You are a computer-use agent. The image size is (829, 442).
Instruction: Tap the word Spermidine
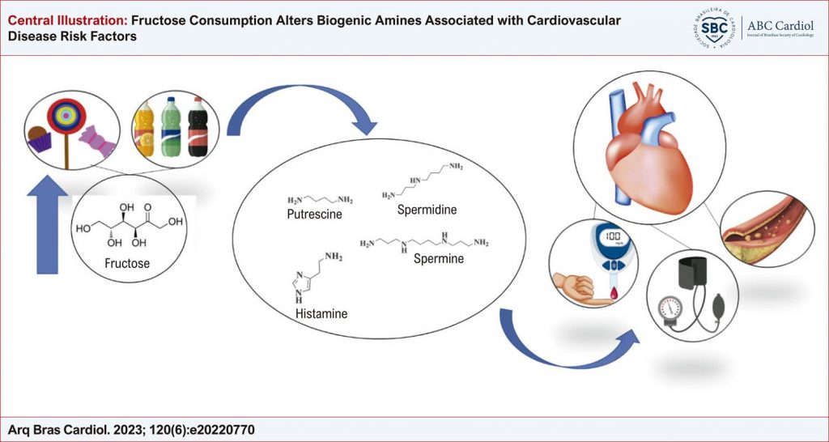[427, 210]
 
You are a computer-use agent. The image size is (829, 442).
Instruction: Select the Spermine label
[439, 259]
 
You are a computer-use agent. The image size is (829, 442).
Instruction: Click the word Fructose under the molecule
[127, 263]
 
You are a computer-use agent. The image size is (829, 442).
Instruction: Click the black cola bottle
[197, 128]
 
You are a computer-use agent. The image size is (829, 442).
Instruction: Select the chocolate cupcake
[39, 137]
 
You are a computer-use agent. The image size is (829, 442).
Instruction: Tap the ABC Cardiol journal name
[782, 23]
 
